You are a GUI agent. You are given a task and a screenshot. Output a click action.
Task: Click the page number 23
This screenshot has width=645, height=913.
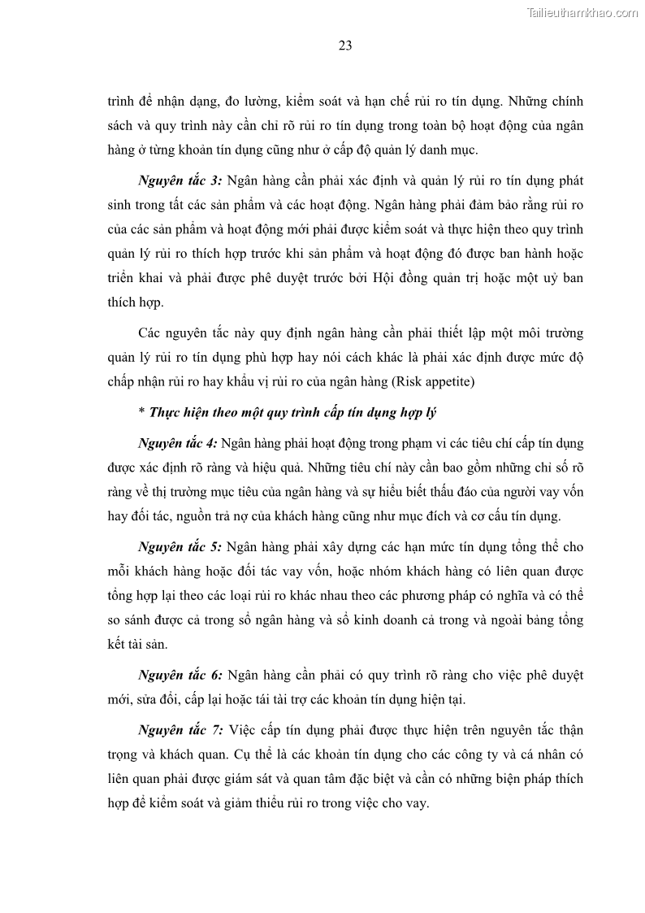point(344,46)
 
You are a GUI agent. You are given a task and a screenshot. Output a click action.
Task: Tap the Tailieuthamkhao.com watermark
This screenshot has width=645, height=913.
point(582,12)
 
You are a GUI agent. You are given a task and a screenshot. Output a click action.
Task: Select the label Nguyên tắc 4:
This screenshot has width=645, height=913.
point(177,443)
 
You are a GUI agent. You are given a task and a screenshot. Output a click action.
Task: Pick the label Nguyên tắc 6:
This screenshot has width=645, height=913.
point(176,674)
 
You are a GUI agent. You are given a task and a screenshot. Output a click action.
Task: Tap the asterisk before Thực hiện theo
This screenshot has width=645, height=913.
point(141,413)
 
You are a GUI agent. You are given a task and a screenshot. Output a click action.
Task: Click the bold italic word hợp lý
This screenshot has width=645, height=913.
point(416,413)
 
